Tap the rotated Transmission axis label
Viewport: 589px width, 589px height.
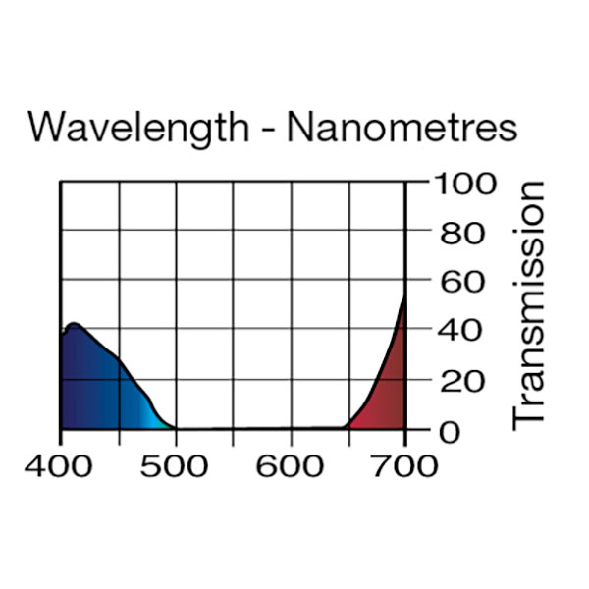tap(530, 304)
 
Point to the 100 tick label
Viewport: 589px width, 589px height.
tap(458, 184)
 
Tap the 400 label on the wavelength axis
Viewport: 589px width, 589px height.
tap(60, 465)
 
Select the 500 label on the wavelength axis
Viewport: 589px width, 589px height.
tap(176, 465)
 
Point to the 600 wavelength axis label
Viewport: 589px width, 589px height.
tap(291, 465)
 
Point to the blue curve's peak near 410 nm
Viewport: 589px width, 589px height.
tap(73, 323)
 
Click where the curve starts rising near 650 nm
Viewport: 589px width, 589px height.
tap(347, 427)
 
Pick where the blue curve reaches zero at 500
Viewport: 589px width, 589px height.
tap(176, 428)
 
